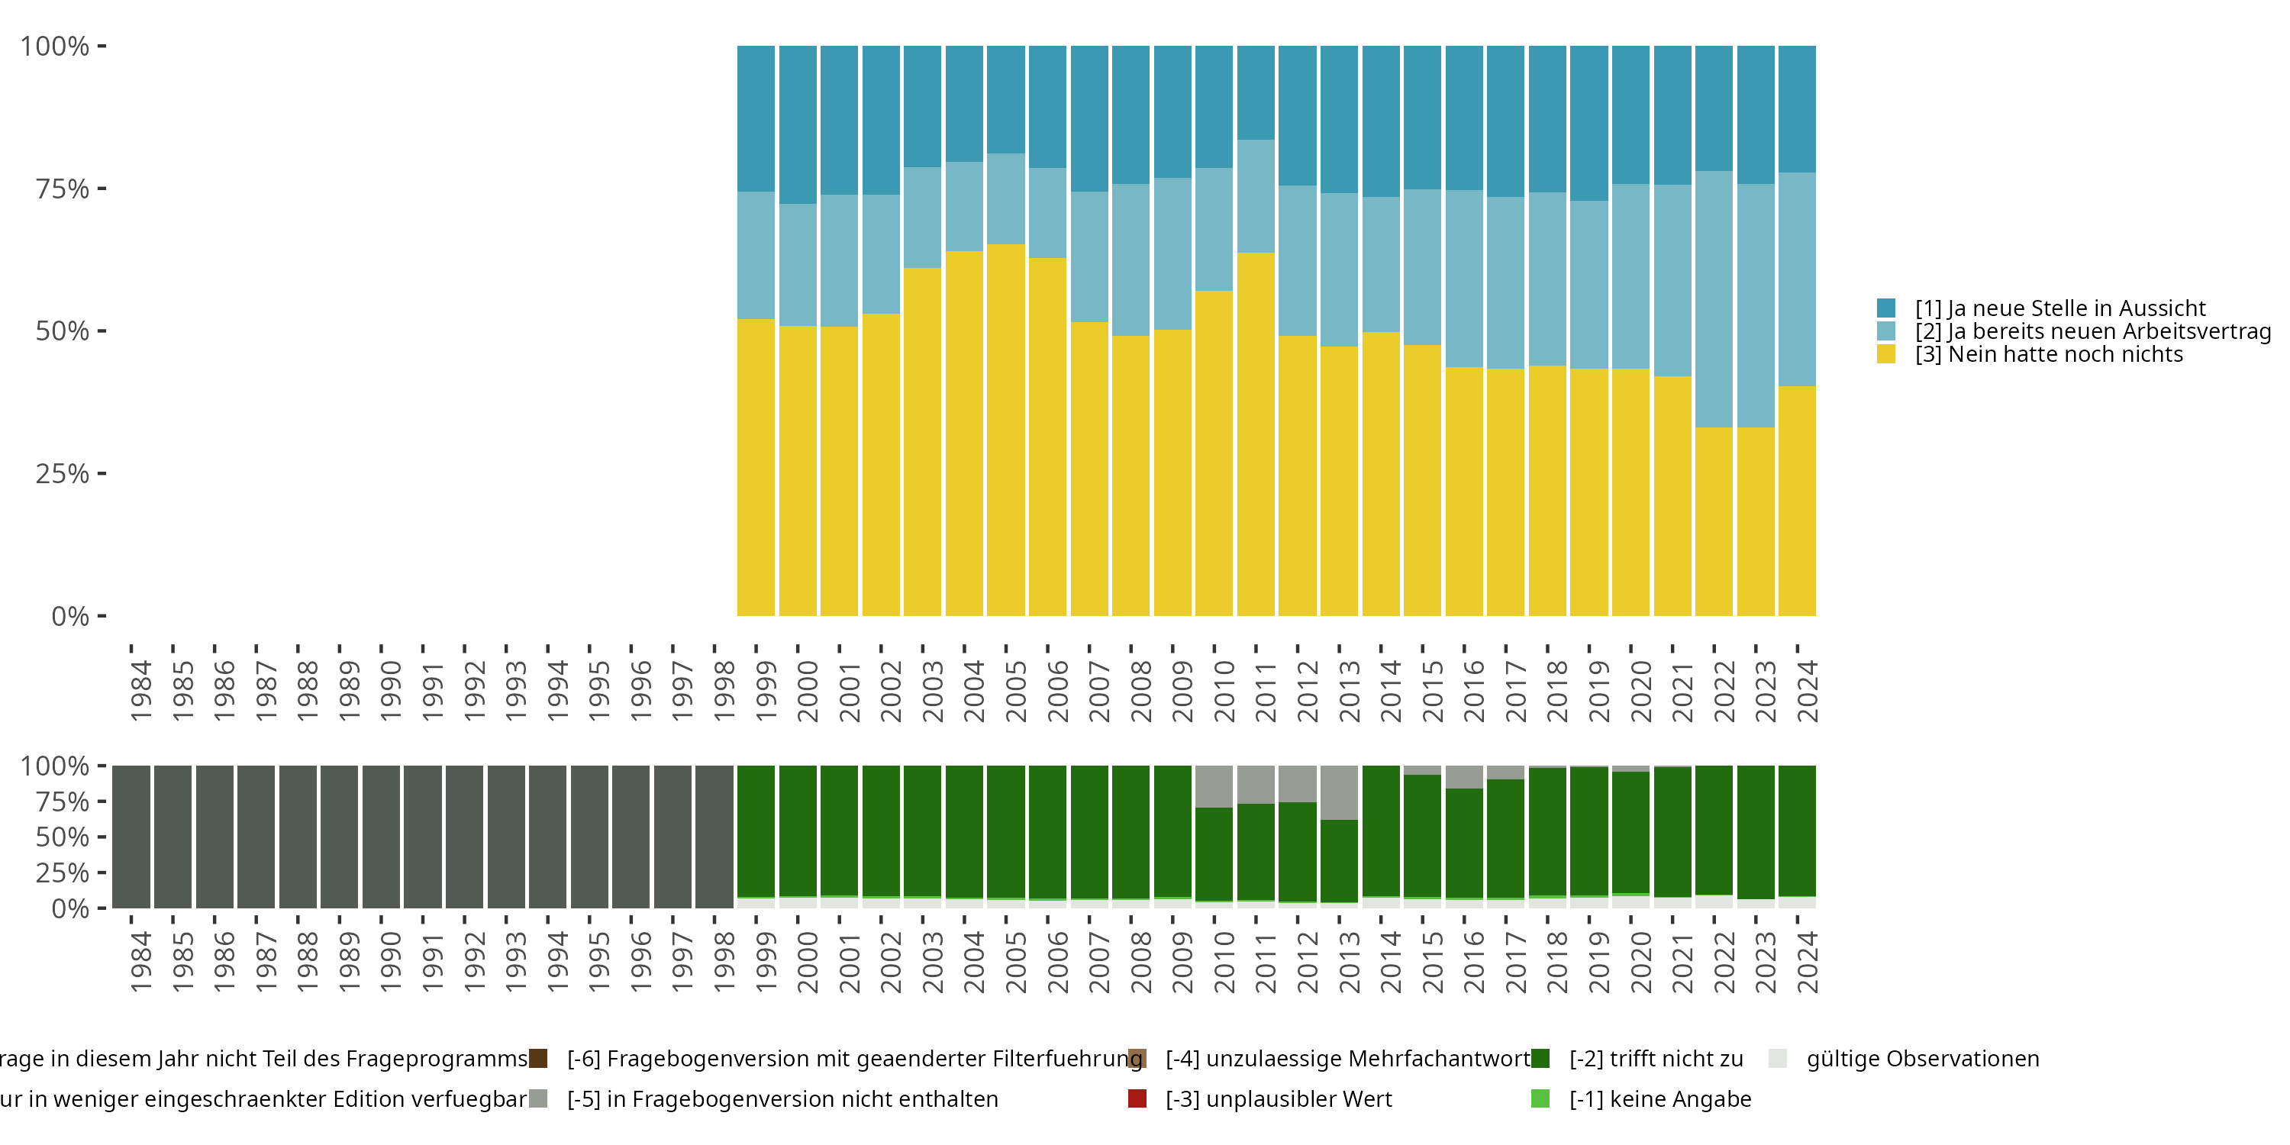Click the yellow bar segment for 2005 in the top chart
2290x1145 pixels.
1005,427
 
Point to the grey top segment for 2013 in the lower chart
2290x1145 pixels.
1339,791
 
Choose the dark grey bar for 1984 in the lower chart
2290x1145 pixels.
131,836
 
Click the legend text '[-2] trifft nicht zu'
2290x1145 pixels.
1655,1059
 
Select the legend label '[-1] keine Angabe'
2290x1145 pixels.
1659,1098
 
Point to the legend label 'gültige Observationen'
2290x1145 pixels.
1922,1059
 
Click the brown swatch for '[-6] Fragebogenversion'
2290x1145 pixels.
538,1059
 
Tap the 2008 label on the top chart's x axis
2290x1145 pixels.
1140,691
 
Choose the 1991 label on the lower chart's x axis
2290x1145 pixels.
433,962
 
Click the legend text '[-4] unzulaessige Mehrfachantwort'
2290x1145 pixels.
1347,1059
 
